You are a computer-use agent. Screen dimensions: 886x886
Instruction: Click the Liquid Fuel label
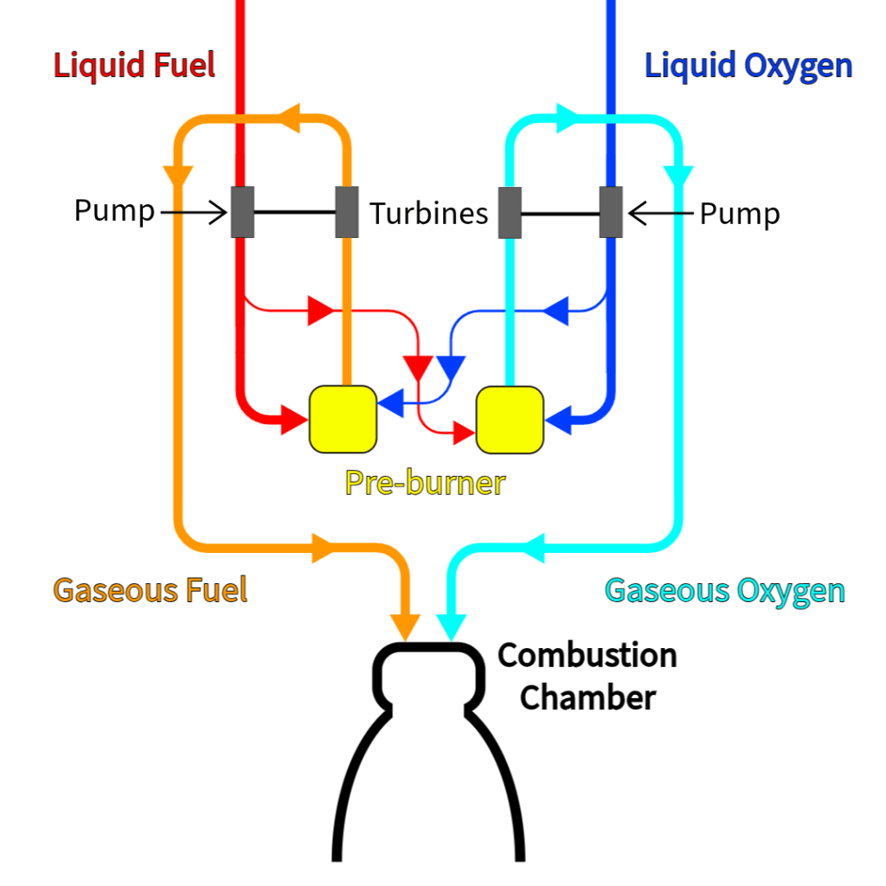134,66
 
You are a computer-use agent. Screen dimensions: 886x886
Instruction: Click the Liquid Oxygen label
748,66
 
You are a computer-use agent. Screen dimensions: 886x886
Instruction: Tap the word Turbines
429,213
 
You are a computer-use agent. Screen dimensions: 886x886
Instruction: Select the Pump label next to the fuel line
114,210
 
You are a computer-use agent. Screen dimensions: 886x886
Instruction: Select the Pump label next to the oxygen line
739,213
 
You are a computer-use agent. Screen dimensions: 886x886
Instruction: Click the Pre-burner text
425,482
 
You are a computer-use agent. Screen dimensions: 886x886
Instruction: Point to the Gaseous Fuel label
151,590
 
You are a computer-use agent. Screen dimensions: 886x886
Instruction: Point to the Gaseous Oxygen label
724,590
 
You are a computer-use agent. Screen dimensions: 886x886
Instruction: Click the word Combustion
587,655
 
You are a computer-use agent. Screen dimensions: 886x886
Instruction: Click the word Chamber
587,697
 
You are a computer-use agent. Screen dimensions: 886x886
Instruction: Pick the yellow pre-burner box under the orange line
343,419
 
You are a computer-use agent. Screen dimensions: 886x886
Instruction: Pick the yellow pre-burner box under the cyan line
510,419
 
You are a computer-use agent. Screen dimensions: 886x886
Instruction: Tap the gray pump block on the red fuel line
241,212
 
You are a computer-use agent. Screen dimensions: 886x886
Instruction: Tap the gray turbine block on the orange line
347,212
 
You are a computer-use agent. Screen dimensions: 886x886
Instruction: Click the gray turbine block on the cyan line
510,212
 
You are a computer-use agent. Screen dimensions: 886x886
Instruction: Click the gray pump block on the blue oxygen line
612,212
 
